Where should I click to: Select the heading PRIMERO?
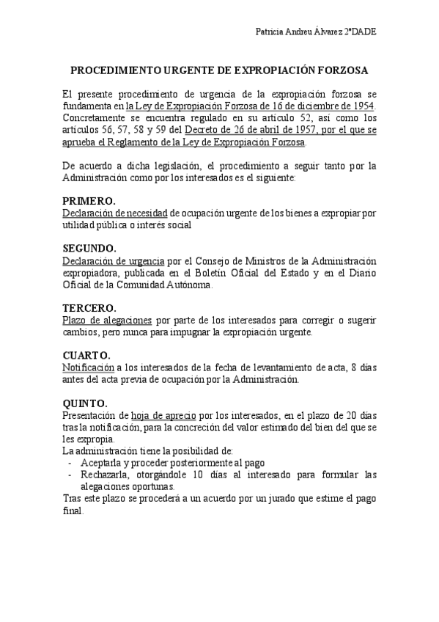pos(89,201)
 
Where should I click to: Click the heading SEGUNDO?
pos(89,248)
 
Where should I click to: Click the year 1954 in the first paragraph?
pos(361,106)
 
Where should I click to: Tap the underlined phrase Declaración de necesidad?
pos(115,213)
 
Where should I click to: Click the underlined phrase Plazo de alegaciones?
pos(107,321)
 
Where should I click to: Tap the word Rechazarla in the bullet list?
pos(107,475)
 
